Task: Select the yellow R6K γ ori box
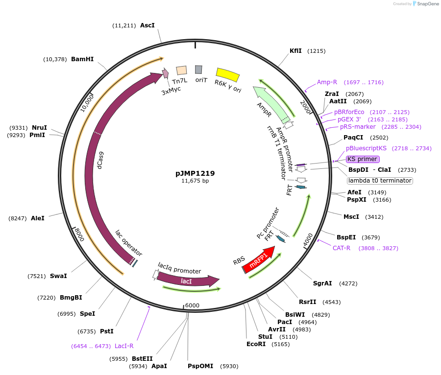click(228, 75)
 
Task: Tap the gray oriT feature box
click(198, 70)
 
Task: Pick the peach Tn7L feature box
click(181, 70)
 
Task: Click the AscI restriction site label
click(147, 25)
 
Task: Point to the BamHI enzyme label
click(82, 59)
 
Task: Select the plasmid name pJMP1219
click(195, 173)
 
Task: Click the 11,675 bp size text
click(195, 181)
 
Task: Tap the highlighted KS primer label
click(363, 159)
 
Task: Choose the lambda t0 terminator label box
click(380, 181)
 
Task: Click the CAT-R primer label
click(342, 248)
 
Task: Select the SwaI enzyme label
click(58, 276)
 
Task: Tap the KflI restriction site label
click(295, 51)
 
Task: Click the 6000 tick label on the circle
click(193, 305)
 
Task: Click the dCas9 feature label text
click(100, 161)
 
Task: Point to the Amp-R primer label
click(327, 82)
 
